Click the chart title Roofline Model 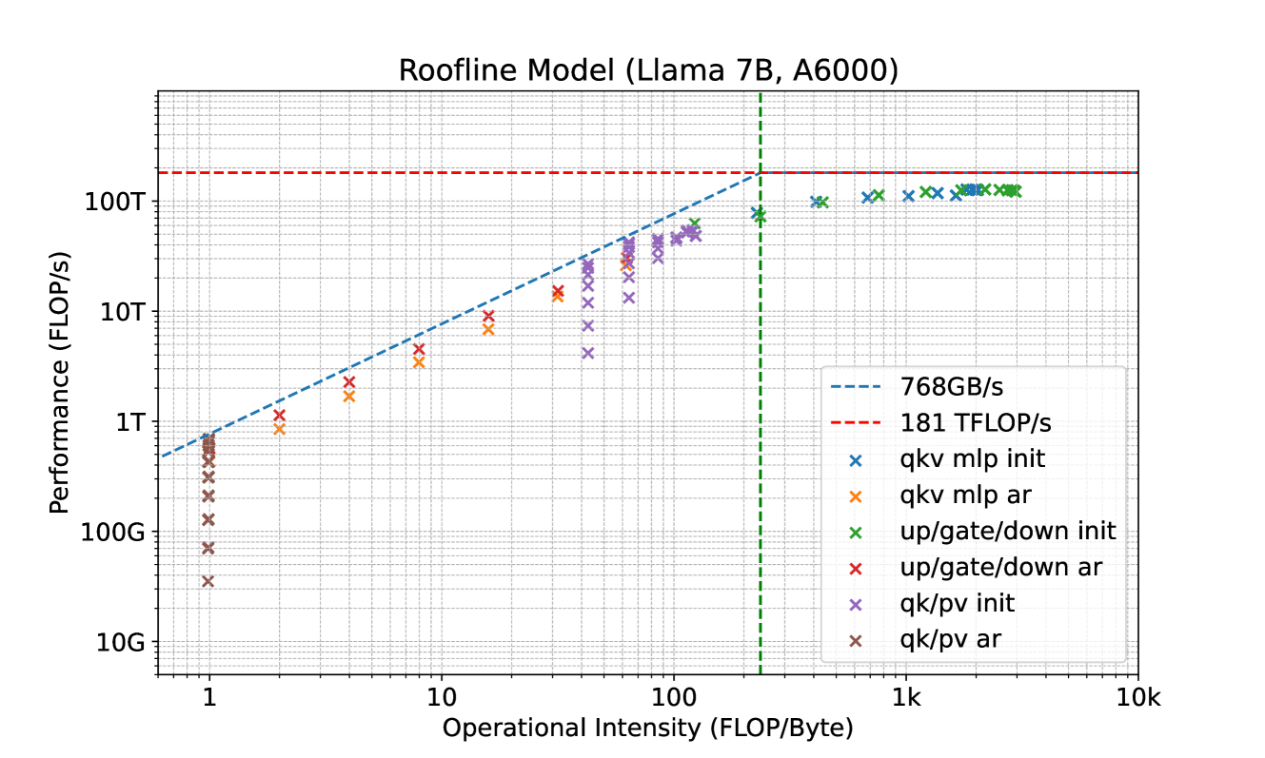[x=647, y=70]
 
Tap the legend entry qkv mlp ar [x=970, y=496]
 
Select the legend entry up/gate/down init [x=1007, y=532]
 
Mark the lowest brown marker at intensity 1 [x=208, y=581]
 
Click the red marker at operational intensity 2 [x=279, y=415]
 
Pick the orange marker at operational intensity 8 [x=418, y=362]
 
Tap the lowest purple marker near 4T [x=587, y=353]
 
